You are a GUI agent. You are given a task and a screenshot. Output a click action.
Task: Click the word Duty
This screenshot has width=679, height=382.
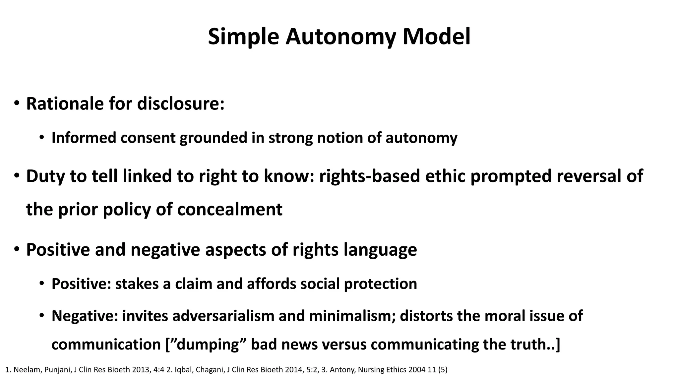[x=45, y=176]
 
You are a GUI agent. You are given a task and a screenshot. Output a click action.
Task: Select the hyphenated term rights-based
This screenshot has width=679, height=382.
[x=370, y=176]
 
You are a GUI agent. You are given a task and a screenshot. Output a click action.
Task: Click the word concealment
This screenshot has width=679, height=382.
[x=230, y=210]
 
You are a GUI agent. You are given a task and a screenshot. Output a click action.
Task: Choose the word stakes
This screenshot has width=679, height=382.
[x=137, y=284]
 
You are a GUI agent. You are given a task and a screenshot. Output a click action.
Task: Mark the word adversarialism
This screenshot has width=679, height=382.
[x=223, y=316]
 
